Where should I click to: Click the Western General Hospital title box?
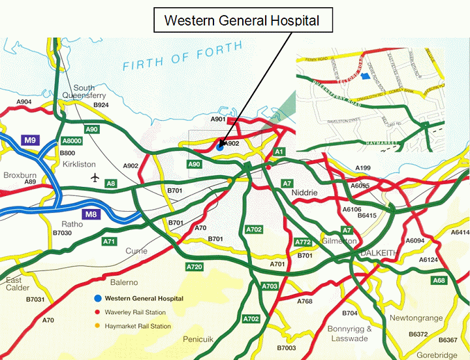coord(242,20)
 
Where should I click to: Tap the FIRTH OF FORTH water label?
coord(182,57)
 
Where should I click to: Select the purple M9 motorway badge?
coord(30,140)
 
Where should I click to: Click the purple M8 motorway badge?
coord(91,214)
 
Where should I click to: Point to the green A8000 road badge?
coord(72,140)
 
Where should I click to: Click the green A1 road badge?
coord(279,152)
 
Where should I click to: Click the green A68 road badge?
coord(439,280)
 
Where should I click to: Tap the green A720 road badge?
coord(195,267)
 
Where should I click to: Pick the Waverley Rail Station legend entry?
coord(133,312)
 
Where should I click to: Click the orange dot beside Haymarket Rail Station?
coord(97,326)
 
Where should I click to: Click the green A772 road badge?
coord(303,242)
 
